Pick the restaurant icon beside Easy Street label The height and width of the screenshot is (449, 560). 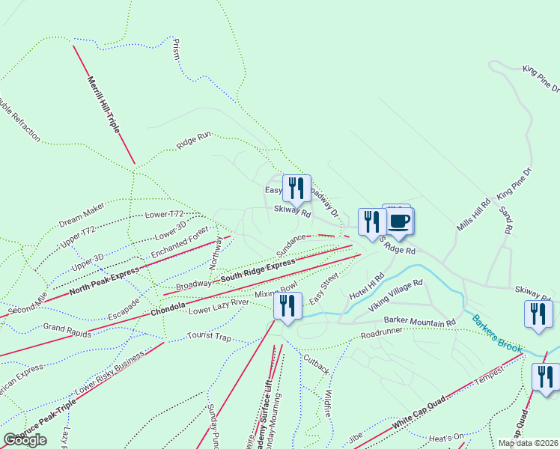coord(287,305)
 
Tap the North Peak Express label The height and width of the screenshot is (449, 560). coord(104,281)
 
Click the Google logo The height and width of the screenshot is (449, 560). coord(25,440)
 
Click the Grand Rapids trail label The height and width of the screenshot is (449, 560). coord(67,329)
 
